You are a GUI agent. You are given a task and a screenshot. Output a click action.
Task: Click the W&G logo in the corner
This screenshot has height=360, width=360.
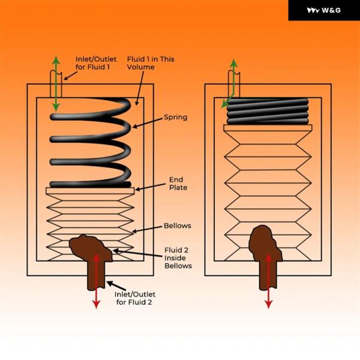click(324, 10)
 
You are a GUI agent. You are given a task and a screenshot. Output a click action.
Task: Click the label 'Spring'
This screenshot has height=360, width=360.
click(175, 117)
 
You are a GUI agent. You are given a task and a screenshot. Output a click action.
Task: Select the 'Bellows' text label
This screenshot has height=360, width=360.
click(177, 226)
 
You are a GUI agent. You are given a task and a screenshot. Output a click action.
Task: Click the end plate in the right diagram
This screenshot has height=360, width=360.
click(268, 127)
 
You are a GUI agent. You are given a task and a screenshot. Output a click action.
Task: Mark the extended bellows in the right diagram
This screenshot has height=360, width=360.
click(268, 180)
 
